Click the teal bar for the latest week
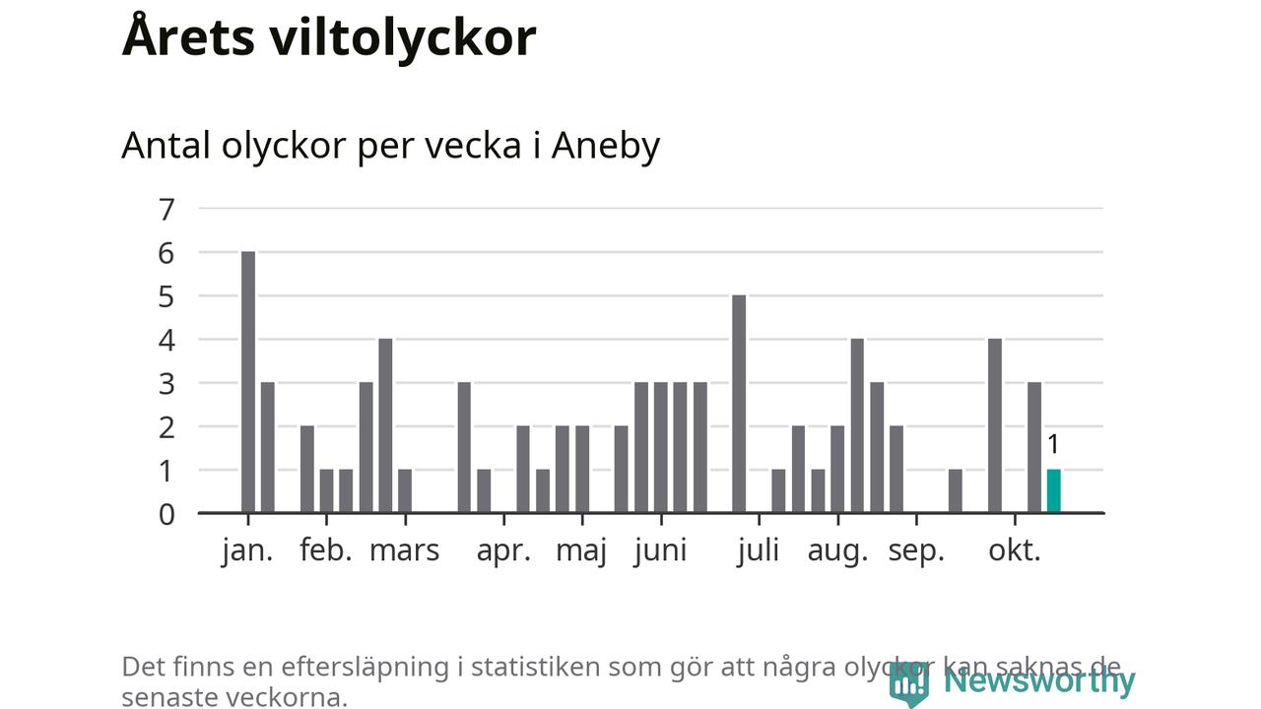1053,490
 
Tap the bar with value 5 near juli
739,404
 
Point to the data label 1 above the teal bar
1053,444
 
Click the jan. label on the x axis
247,550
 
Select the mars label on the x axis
404,550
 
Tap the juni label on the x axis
660,550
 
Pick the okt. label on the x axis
1015,550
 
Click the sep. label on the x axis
916,550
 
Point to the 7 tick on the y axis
166,209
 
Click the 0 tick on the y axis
166,513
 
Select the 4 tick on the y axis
166,340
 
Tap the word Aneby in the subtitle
605,146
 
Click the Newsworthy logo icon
908,682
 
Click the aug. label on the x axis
837,550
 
